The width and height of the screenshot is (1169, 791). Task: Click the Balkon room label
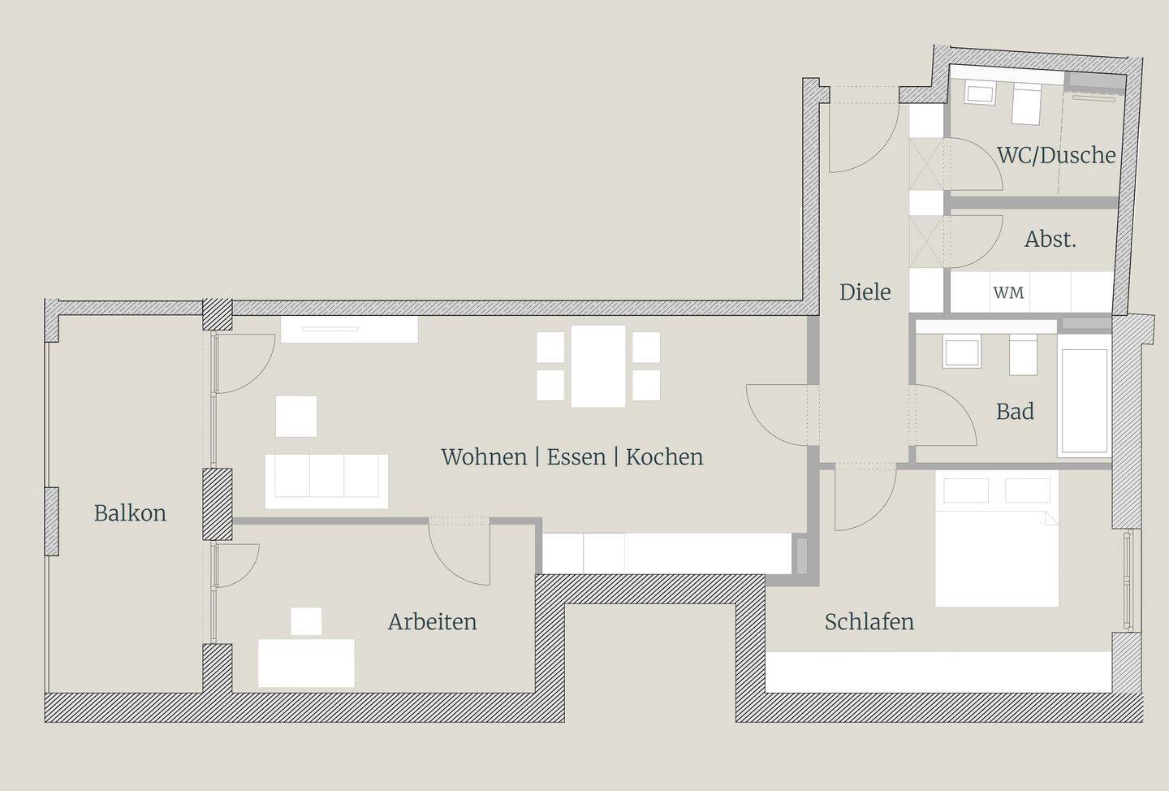(130, 513)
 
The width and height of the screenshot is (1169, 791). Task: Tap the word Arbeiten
(432, 622)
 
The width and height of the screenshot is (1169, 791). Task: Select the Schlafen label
(869, 622)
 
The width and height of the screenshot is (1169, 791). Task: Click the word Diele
(865, 292)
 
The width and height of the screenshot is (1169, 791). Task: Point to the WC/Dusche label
(1056, 155)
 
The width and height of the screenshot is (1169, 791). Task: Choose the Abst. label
(1050, 240)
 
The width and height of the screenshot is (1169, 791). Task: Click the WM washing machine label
(1008, 293)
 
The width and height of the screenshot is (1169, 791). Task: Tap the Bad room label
(1015, 412)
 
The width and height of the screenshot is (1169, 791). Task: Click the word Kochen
(664, 457)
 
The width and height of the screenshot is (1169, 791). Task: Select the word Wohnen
(484, 457)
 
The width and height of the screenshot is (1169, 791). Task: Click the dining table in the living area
(598, 365)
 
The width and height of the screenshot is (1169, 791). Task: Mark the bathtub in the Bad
(1084, 401)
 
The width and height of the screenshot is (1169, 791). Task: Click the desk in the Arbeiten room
(306, 663)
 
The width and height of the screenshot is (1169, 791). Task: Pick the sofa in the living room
(326, 481)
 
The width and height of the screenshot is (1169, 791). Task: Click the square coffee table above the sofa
(296, 416)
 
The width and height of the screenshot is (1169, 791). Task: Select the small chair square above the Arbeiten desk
(306, 621)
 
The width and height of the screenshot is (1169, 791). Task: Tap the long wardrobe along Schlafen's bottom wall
(938, 672)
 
